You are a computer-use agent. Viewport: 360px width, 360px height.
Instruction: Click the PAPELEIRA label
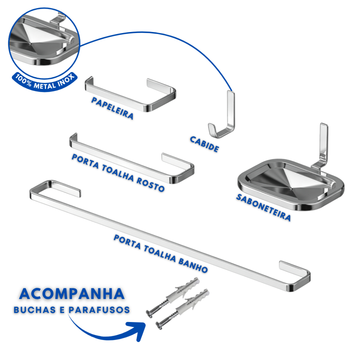112,108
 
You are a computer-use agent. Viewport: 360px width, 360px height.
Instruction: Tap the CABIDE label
204,144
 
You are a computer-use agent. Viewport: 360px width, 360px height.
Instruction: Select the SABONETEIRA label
264,207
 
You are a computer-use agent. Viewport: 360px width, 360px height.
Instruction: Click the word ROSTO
150,184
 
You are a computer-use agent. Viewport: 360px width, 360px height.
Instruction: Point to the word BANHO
193,265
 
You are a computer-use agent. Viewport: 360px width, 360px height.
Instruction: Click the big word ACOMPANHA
72,294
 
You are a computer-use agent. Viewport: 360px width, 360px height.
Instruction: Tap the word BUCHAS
35,310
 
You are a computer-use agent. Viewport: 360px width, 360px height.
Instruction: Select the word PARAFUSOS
99,310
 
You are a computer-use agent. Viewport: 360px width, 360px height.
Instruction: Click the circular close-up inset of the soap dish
44,43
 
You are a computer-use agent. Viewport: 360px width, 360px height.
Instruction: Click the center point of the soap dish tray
291,189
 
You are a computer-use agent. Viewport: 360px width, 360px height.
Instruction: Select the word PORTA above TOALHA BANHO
127,242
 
